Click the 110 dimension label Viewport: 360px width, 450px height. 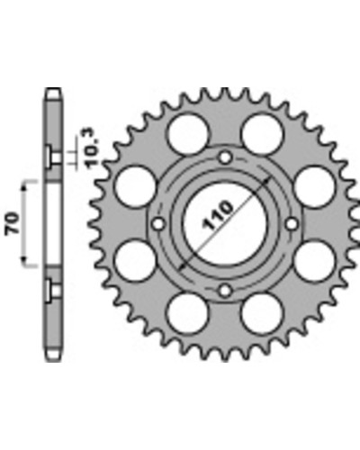tap(218, 215)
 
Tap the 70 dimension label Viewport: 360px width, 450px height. tap(13, 223)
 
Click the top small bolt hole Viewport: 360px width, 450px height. tap(225, 157)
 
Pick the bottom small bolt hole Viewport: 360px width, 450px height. tap(225, 291)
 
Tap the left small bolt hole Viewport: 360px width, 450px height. tap(158, 224)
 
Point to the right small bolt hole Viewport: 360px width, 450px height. tap(292, 224)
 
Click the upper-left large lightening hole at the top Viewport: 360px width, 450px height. tap(188, 134)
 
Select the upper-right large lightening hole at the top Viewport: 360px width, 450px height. tap(262, 134)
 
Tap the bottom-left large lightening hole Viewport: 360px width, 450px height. tap(188, 314)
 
